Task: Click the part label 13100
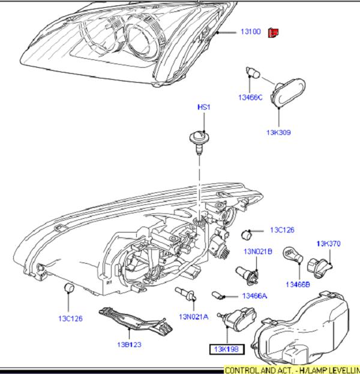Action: point(251,31)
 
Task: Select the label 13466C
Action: point(250,97)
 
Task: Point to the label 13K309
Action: point(278,132)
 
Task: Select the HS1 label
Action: point(204,107)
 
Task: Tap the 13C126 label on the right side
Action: point(282,230)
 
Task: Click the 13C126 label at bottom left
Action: point(70,318)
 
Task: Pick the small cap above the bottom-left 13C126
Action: point(68,290)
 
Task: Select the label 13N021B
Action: point(258,251)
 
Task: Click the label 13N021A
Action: point(193,316)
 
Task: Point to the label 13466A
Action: point(254,295)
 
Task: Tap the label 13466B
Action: point(298,283)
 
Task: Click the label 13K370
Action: point(328,243)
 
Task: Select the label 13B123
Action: point(129,345)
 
